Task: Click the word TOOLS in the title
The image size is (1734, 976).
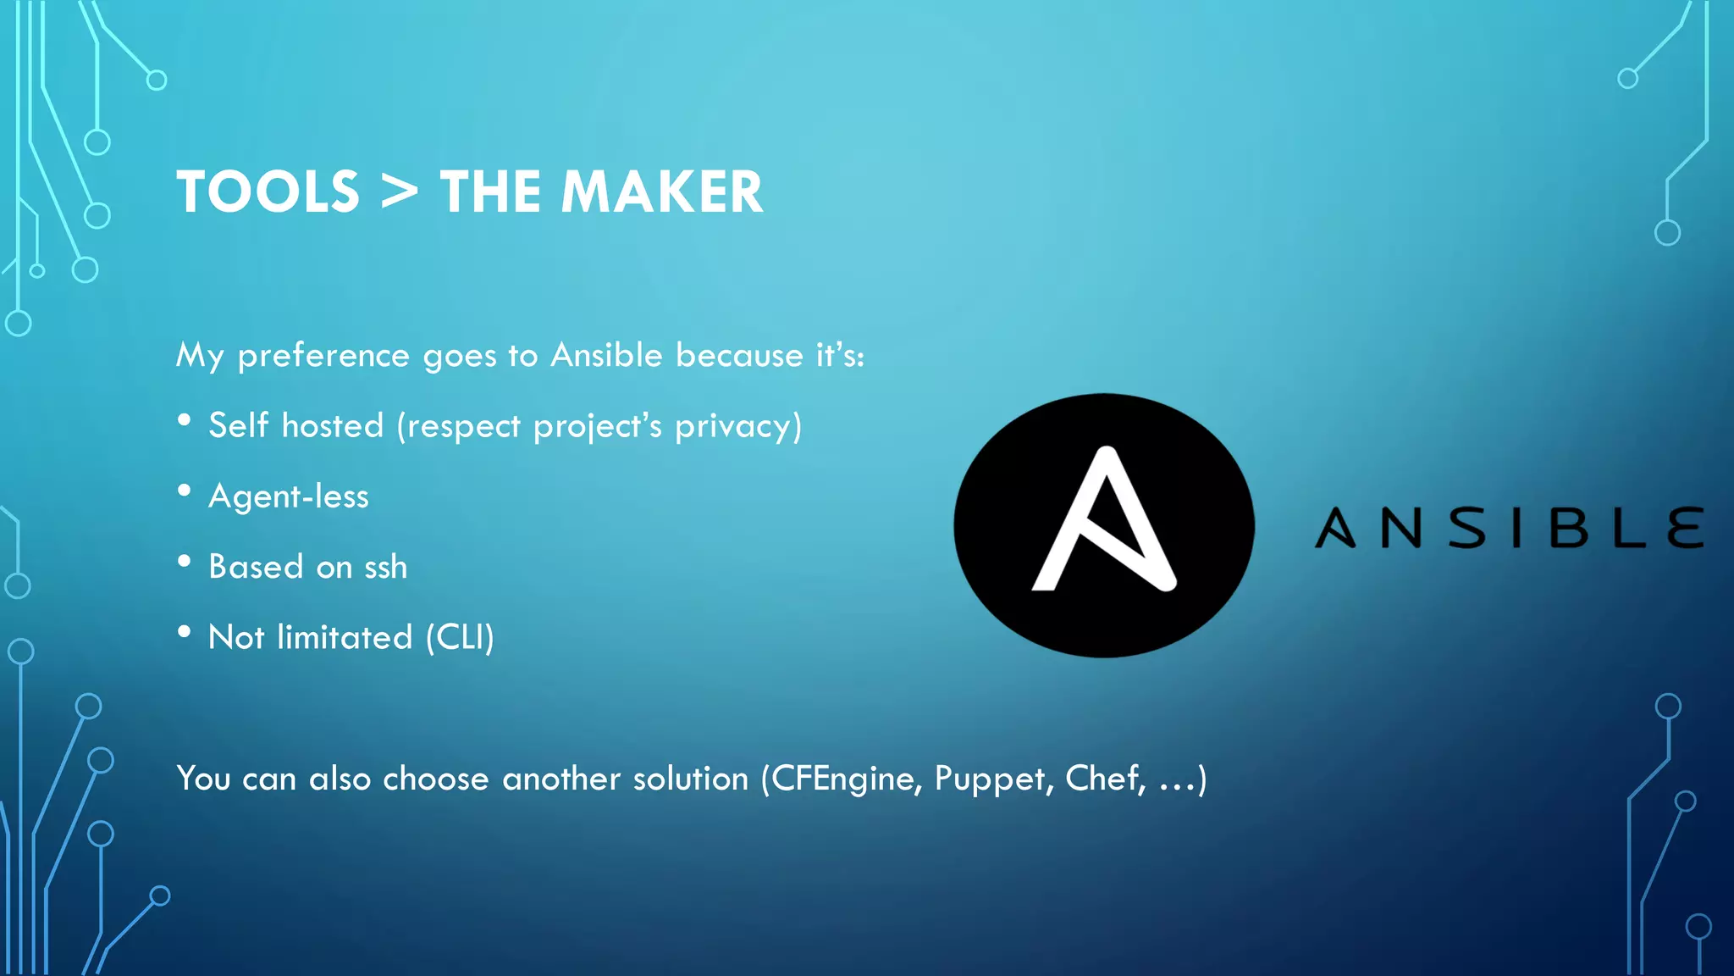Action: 268,192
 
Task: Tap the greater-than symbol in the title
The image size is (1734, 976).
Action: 399,192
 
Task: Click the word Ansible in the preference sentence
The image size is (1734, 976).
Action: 606,355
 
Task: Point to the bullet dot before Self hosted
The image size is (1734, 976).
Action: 185,421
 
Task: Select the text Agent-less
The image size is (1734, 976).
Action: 289,496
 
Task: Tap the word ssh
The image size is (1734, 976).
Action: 385,567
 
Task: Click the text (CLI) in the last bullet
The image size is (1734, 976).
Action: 460,637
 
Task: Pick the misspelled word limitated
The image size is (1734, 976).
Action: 345,637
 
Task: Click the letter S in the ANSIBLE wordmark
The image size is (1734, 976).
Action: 1466,528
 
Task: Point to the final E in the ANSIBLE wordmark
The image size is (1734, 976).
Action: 1686,528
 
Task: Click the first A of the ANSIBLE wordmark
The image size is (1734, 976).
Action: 1336,528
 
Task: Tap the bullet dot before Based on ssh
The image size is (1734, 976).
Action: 185,562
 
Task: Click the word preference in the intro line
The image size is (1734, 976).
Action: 323,355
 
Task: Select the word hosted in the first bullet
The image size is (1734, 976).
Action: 333,425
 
